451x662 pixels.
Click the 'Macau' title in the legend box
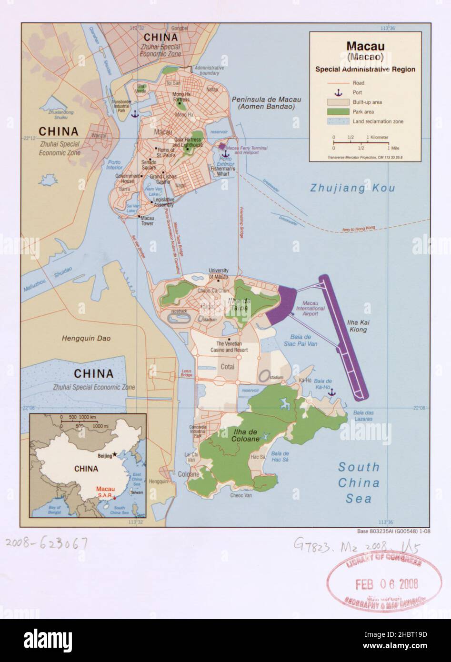pyautogui.click(x=365, y=46)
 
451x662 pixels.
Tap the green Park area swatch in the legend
pyautogui.click(x=337, y=112)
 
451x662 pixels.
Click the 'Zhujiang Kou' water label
pyautogui.click(x=352, y=188)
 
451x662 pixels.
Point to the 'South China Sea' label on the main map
pyautogui.click(x=359, y=482)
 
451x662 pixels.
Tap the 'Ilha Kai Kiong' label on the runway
pyautogui.click(x=358, y=326)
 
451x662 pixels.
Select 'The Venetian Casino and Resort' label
pyautogui.click(x=229, y=347)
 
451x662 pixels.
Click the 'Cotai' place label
pyautogui.click(x=228, y=367)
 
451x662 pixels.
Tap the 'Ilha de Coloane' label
pyautogui.click(x=246, y=435)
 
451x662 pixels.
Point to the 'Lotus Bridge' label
pyautogui.click(x=187, y=373)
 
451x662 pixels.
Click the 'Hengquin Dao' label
pyautogui.click(x=86, y=339)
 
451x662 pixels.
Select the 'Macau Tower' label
pyautogui.click(x=148, y=221)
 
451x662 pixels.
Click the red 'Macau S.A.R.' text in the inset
pyautogui.click(x=105, y=492)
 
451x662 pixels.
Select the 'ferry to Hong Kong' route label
pyautogui.click(x=359, y=229)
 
